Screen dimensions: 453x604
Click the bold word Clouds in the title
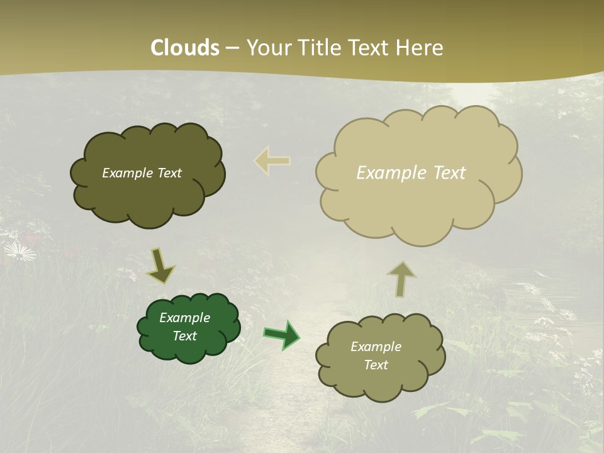[x=185, y=48]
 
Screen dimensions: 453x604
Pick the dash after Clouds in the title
[x=232, y=48]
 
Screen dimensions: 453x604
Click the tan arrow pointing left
[x=272, y=160]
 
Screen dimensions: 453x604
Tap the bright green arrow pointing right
[x=281, y=335]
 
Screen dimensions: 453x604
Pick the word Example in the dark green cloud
[x=184, y=318]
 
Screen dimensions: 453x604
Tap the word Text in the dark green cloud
[x=184, y=336]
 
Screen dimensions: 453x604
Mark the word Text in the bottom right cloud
[x=376, y=365]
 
